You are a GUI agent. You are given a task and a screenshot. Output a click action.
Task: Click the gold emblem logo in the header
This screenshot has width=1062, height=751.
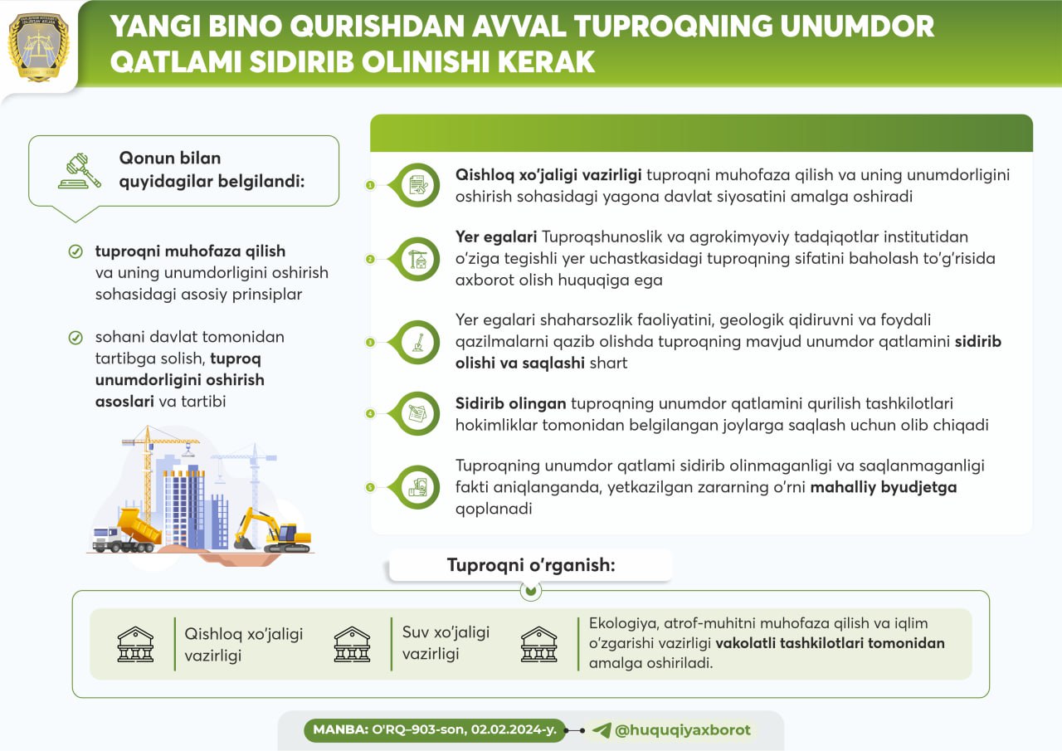coord(38,46)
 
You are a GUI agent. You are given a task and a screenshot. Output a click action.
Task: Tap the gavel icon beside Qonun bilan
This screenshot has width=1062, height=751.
coord(80,170)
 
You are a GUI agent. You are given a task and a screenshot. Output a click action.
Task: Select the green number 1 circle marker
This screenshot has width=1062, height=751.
coord(370,185)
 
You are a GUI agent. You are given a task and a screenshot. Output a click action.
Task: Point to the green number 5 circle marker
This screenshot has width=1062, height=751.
coord(370,487)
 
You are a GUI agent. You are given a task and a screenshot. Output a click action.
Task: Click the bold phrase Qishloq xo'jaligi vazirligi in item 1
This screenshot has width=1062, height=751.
coord(548,175)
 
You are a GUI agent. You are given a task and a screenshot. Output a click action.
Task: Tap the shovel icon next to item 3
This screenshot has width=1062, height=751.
coord(418,341)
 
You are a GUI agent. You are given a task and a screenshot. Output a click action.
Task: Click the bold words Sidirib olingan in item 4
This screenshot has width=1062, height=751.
coord(510,403)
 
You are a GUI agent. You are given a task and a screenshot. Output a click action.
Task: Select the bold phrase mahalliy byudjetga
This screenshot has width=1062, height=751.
coord(884,487)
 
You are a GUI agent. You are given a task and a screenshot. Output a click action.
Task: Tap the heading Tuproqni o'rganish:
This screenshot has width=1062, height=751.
coord(531,565)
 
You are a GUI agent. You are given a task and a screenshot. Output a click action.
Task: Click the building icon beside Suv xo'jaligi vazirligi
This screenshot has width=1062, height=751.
coord(352,644)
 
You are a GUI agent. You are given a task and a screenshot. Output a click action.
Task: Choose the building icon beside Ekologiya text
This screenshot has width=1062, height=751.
coord(538,644)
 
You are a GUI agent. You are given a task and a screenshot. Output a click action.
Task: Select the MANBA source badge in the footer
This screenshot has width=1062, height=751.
coord(434,730)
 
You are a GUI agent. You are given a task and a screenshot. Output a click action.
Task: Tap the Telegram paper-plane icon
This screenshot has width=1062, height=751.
coord(602,730)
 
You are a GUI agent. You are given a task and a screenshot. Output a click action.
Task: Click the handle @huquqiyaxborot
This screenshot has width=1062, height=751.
coord(683,730)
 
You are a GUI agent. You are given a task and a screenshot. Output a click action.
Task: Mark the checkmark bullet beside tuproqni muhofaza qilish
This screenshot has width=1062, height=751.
coord(76,251)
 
